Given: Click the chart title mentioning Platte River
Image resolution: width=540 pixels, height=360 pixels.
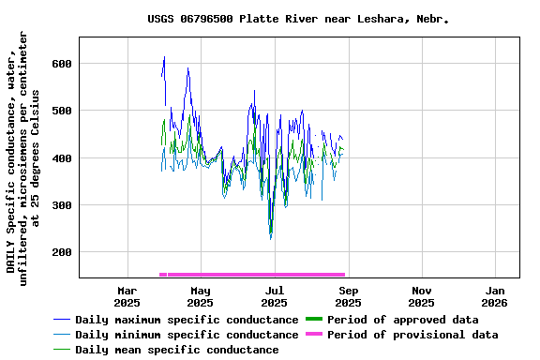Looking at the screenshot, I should (297, 19).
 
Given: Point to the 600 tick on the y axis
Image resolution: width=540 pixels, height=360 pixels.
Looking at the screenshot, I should (61, 64).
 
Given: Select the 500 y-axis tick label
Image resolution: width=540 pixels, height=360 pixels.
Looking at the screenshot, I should (61, 111).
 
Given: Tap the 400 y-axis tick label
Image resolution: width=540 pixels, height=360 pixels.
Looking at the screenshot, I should (61, 158).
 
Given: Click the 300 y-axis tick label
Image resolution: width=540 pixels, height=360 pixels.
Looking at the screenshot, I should (61, 205).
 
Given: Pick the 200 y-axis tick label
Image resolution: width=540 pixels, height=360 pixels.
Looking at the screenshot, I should (61, 252).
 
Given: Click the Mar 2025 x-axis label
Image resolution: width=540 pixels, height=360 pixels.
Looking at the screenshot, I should (127, 296).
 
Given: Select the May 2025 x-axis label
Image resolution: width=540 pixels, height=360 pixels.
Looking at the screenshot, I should (200, 296).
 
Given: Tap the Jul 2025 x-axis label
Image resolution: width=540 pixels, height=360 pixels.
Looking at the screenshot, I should (274, 296).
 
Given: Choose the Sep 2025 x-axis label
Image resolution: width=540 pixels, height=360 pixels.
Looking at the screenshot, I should (348, 296).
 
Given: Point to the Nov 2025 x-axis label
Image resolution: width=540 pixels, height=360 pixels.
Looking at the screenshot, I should (421, 296).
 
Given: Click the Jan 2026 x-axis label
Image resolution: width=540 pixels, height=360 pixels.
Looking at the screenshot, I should (494, 296).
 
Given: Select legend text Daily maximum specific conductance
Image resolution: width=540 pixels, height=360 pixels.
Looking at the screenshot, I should (187, 320).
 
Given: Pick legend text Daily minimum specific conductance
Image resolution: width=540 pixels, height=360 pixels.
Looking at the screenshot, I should (187, 335).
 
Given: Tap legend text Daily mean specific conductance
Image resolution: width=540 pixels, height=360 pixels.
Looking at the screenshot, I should (176, 350).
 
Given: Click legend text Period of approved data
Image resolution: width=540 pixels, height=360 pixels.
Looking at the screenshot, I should (403, 320).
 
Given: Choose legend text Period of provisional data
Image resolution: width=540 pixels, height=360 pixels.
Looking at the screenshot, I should (412, 335).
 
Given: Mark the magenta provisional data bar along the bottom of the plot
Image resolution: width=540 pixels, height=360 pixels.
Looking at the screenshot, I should (253, 275).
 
